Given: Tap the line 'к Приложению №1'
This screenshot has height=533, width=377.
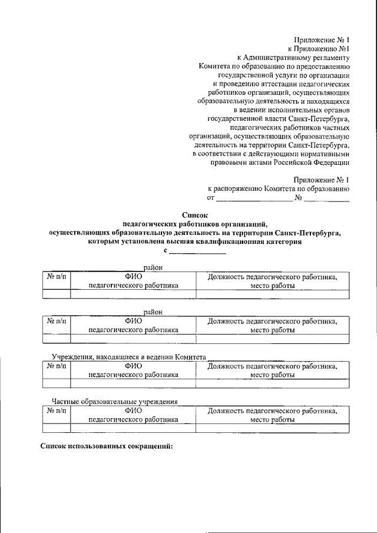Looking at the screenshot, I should pos(318,49).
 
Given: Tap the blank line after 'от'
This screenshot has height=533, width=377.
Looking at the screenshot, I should pos(256,199).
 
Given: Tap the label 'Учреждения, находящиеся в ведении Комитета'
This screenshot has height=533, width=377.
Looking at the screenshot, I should pos(128,357).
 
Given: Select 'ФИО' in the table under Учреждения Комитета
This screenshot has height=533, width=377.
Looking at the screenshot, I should pos(133,366).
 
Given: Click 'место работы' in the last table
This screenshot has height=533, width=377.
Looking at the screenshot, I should pos(272,420).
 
